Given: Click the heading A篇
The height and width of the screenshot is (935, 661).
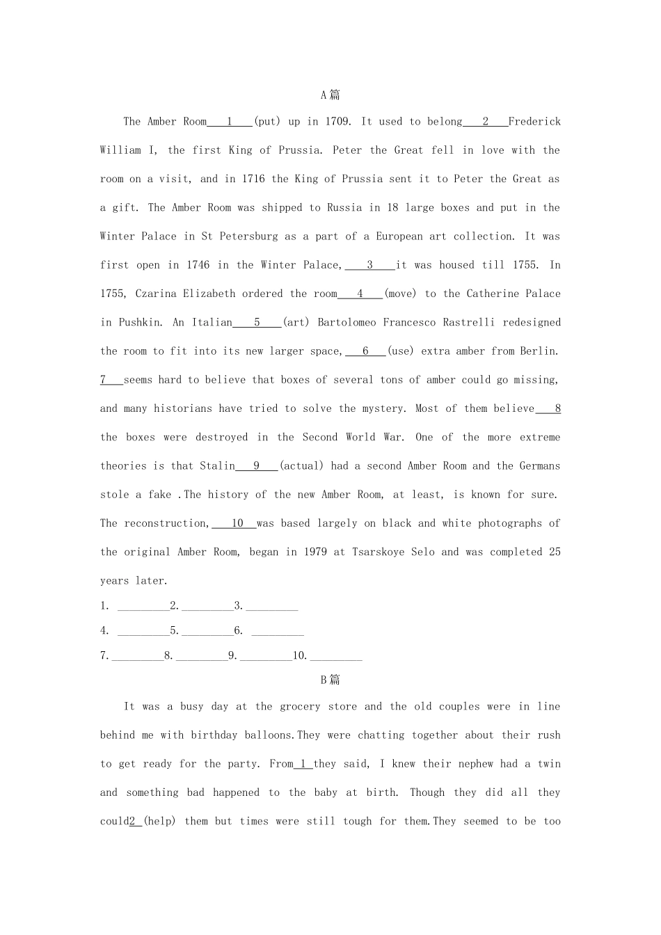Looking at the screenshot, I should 330,95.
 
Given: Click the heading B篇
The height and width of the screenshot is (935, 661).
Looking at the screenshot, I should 330,680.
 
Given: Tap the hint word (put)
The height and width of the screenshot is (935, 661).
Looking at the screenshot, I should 267,122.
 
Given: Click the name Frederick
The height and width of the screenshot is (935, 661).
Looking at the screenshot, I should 534,122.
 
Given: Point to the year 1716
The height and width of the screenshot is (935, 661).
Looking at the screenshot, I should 253,179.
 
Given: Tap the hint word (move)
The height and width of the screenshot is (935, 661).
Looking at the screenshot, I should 400,294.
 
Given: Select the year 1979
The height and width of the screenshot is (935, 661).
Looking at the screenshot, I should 315,552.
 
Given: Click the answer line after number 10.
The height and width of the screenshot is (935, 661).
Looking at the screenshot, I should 336,656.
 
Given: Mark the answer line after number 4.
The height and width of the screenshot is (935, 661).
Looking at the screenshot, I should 143,632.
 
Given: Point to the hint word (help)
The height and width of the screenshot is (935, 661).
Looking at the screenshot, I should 159,822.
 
